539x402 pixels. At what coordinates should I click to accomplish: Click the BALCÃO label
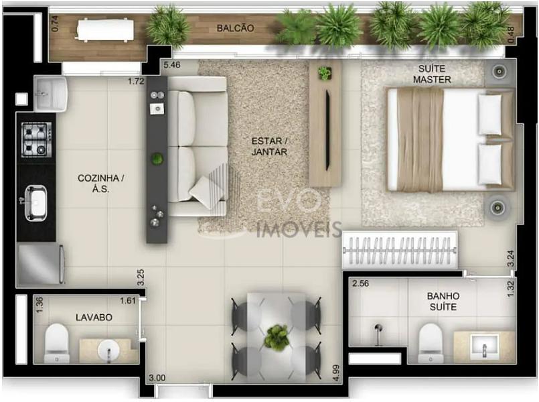236,28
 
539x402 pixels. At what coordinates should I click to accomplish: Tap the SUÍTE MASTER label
432,74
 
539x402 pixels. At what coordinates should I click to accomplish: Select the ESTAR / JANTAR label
269,146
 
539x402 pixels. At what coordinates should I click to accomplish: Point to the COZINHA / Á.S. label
100,184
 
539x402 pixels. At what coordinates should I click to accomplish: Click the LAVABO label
94,317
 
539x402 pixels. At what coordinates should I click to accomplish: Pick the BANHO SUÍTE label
443,301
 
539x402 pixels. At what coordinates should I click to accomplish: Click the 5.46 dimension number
172,64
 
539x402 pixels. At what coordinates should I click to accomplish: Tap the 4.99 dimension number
336,373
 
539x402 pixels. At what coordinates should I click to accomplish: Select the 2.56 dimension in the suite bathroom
361,283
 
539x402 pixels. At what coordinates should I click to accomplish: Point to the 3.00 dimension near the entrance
157,378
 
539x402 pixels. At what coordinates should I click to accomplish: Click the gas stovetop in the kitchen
37,139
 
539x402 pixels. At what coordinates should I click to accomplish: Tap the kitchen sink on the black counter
35,203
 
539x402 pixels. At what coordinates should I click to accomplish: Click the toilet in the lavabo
57,343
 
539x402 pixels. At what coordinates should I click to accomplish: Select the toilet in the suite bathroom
431,343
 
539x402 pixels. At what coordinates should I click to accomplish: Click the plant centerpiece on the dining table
277,338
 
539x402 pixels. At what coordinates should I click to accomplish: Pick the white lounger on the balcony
104,30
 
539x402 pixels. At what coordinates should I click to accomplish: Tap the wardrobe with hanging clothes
400,250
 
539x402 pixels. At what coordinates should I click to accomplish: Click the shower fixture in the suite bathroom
378,334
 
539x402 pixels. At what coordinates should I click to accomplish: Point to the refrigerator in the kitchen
41,264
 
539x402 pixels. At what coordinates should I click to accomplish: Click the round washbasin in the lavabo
108,350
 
